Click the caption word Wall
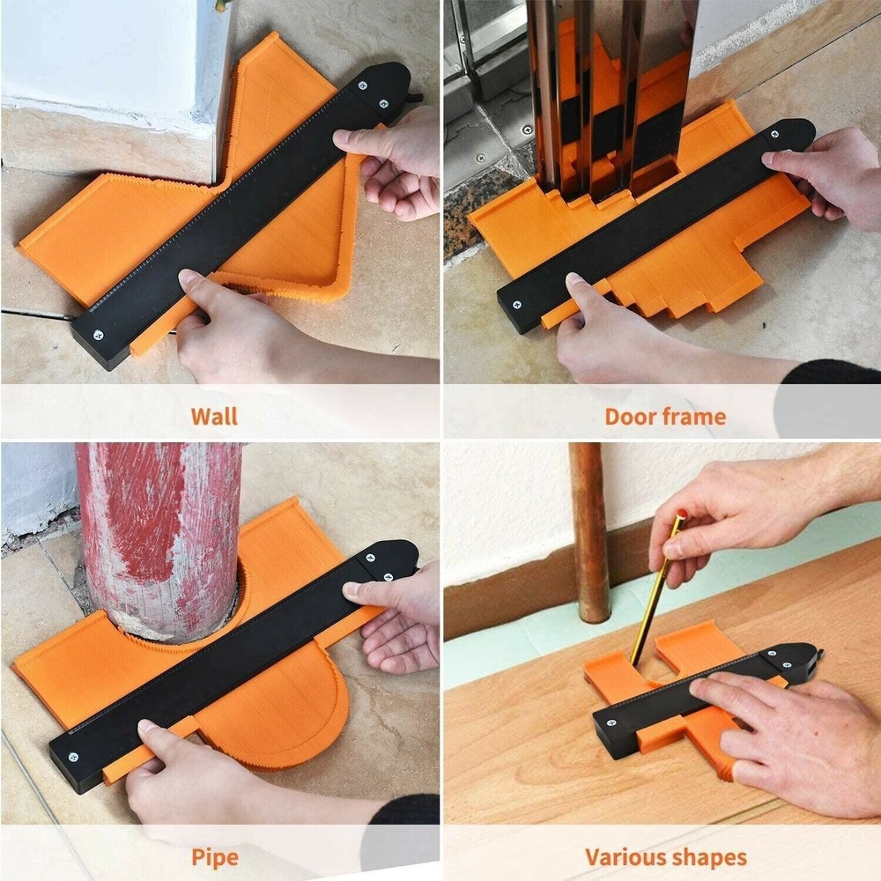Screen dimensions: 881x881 pos(214,416)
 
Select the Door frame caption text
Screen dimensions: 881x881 pos(665,416)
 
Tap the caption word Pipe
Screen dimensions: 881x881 pos(214,856)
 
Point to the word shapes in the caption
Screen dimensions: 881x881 pos(709,856)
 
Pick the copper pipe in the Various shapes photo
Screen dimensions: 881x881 pos(589,529)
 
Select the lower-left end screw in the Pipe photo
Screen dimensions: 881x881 pos(72,756)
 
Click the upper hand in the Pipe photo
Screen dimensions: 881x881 pos(396,617)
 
